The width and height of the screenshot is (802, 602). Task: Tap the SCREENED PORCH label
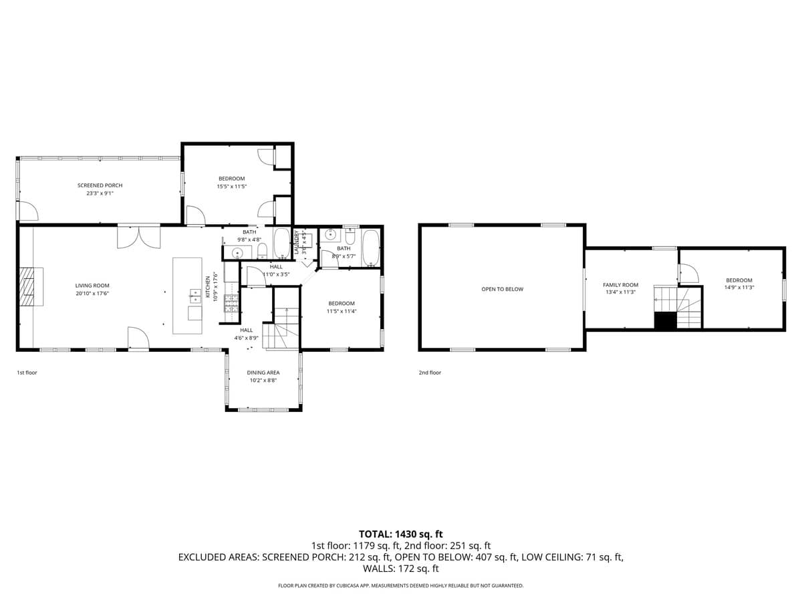click(x=100, y=185)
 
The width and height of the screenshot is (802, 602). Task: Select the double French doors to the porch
click(x=138, y=237)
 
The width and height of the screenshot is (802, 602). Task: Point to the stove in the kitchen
click(x=231, y=304)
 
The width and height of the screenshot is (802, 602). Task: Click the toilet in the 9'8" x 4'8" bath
click(x=262, y=251)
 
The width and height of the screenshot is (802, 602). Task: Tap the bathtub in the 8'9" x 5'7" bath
click(x=370, y=247)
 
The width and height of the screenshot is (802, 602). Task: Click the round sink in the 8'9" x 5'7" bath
click(x=329, y=235)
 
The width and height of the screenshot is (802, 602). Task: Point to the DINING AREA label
click(x=263, y=373)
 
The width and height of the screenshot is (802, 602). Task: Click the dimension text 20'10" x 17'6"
click(x=92, y=293)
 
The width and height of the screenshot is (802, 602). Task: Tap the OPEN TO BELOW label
click(x=502, y=289)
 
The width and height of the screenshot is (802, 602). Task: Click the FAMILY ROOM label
click(x=620, y=285)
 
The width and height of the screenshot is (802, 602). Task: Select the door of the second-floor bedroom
click(x=688, y=273)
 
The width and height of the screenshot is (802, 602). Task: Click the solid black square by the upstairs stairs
click(x=665, y=321)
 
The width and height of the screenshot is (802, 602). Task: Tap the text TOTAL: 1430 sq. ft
click(x=401, y=534)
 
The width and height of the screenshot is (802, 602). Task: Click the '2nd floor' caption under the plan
click(x=430, y=373)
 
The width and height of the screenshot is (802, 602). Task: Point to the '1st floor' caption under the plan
click(x=27, y=373)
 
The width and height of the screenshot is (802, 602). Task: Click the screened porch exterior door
click(x=27, y=211)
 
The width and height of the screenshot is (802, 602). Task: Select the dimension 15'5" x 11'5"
click(x=231, y=187)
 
